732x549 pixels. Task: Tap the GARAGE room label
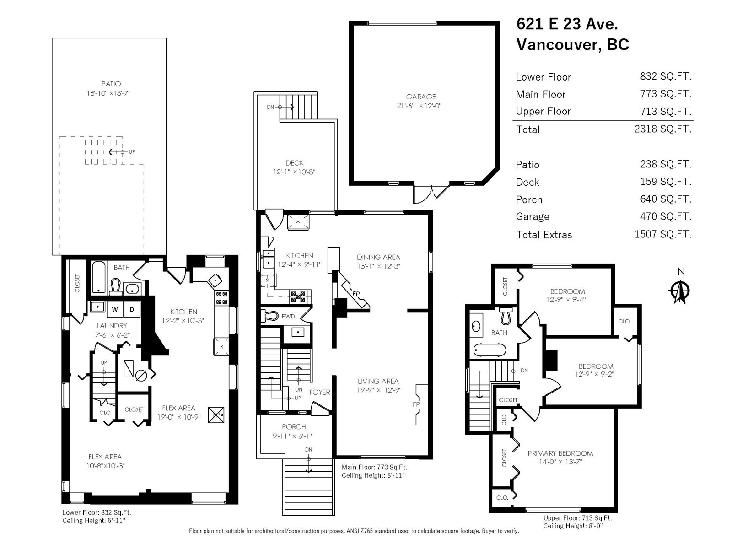coord(420,97)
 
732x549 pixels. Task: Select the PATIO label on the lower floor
coord(111,84)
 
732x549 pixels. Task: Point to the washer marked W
coord(115,309)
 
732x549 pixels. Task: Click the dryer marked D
coord(132,309)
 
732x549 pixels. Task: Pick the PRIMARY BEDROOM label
coord(560,453)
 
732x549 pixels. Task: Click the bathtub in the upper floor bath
coord(490,350)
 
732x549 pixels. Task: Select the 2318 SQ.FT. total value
coord(663,129)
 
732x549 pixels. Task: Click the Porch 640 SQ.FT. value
coord(666,199)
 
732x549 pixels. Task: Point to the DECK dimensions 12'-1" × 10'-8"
coord(294,172)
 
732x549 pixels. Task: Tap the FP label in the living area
coord(416,404)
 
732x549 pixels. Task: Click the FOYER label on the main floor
coord(319,393)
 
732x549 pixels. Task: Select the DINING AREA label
coord(378,257)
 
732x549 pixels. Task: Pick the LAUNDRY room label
coord(112,326)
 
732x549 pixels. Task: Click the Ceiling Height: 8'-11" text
coord(373,475)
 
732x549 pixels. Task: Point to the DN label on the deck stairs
coord(270,107)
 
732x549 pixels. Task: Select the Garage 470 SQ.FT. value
coord(666,216)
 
